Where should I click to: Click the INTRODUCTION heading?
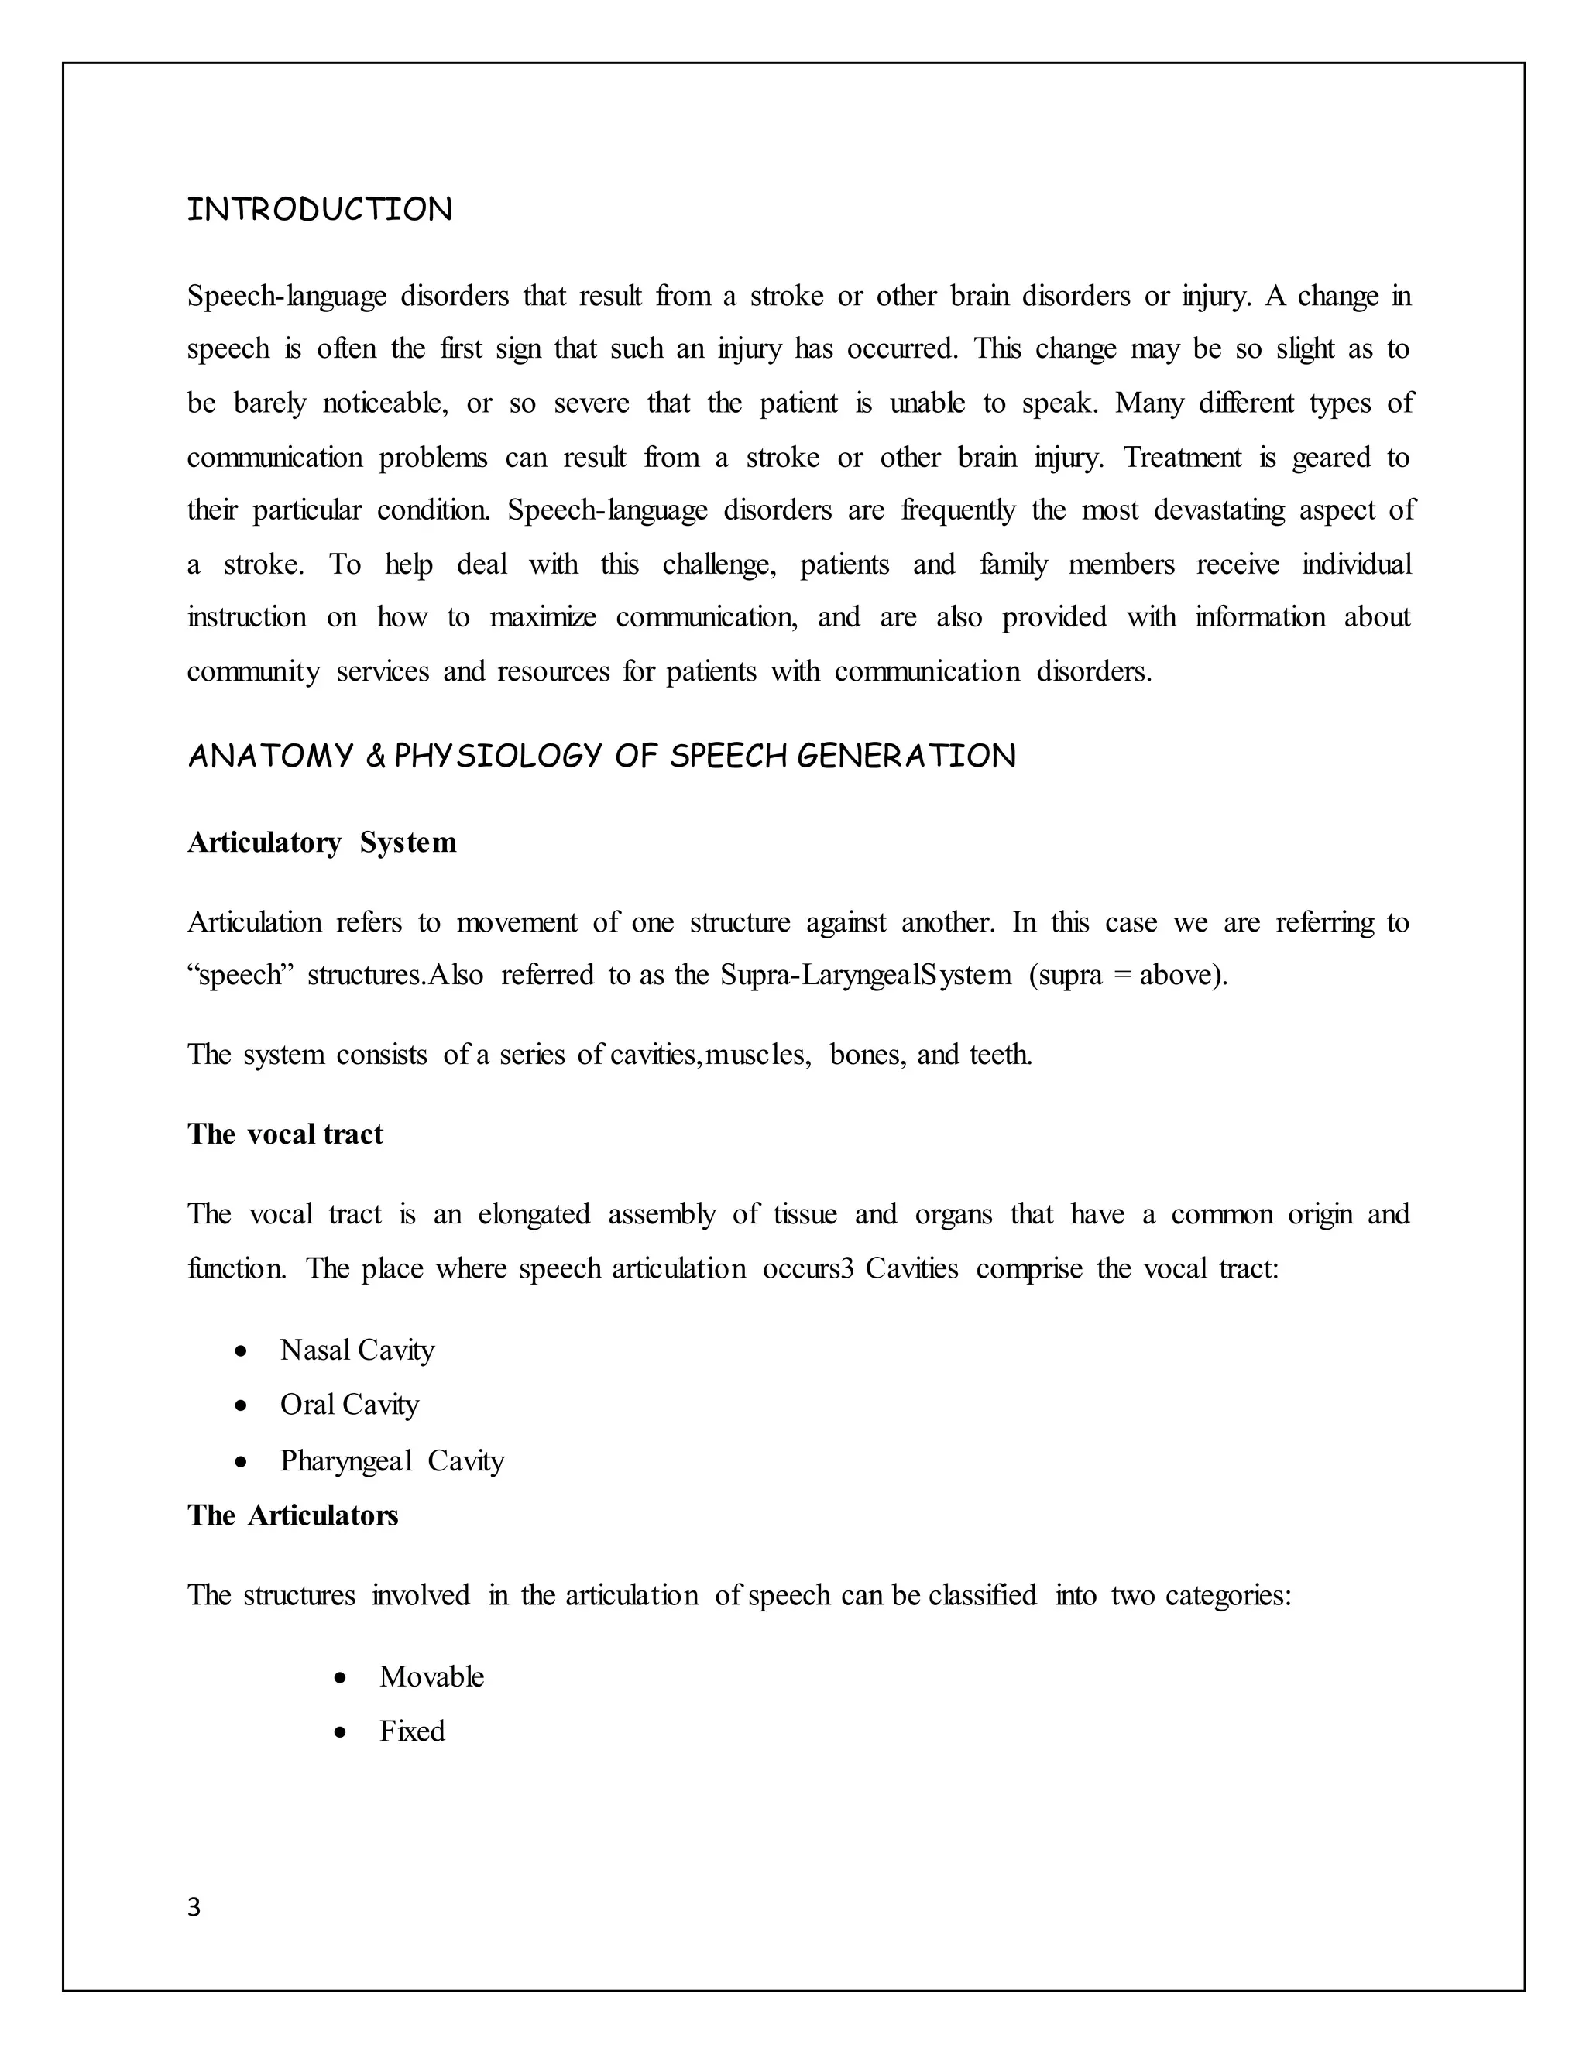(320, 210)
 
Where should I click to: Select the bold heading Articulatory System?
(321, 842)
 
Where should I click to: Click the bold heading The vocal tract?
(285, 1134)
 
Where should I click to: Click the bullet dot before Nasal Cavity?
(242, 1352)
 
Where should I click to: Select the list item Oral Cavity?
(348, 1405)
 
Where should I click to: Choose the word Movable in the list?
(431, 1677)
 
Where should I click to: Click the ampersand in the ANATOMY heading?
(375, 757)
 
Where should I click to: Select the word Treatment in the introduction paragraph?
(1183, 458)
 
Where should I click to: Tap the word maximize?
(542, 617)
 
